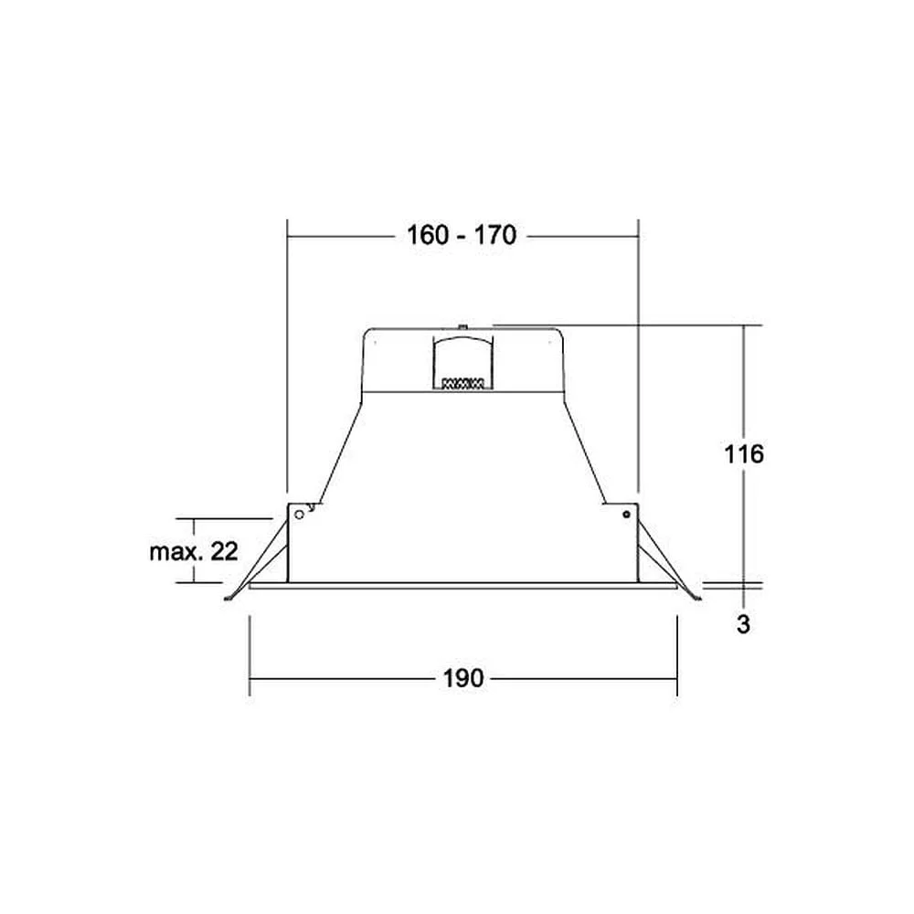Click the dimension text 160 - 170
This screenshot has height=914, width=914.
pos(461,236)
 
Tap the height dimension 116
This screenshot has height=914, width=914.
pos(744,453)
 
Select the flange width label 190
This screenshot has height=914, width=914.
pos(463,678)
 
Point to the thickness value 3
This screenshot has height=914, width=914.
pos(743,624)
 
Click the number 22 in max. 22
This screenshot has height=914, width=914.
pos(225,551)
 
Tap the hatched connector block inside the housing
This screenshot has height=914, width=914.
pos(463,384)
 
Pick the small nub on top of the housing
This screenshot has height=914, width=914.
pos(462,327)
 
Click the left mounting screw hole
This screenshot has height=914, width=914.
pos(300,515)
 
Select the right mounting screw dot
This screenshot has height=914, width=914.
pos(627,515)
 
